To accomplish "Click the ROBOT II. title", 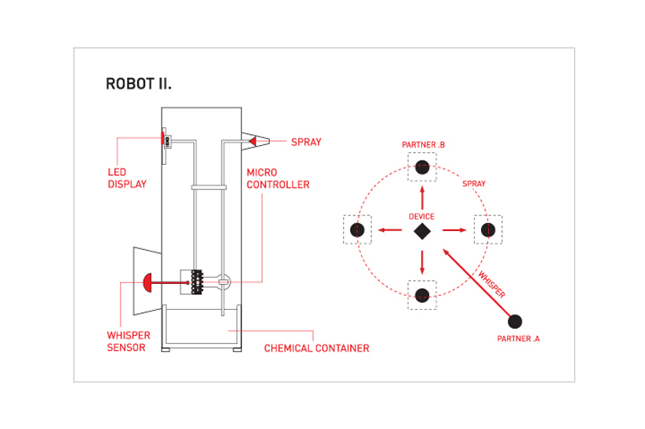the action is pos(139,84).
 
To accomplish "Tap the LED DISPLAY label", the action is pos(127,178).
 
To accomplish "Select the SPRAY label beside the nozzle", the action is pos(306,142).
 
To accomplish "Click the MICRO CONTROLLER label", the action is pos(278,178).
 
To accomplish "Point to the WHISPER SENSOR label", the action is pos(129,341).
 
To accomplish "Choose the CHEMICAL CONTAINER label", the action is pos(317,349).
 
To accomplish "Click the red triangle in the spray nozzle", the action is pos(252,141).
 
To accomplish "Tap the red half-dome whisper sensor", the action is pos(147,282).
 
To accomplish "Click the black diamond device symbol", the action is pos(422,231).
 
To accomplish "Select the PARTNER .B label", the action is pos(423,145).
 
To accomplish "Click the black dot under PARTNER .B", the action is pos(422,167).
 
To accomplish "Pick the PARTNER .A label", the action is pos(518,338).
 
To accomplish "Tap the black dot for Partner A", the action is pos(515,321).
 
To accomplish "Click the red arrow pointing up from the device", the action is pos(422,198).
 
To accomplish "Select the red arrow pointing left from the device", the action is pos(390,230).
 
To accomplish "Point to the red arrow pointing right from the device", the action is pos(454,230).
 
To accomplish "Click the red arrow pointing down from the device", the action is pos(422,263).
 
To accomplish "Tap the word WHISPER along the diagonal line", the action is pos(491,284).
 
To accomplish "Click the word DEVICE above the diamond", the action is pos(422,216).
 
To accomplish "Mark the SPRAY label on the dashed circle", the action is pos(474,184).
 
